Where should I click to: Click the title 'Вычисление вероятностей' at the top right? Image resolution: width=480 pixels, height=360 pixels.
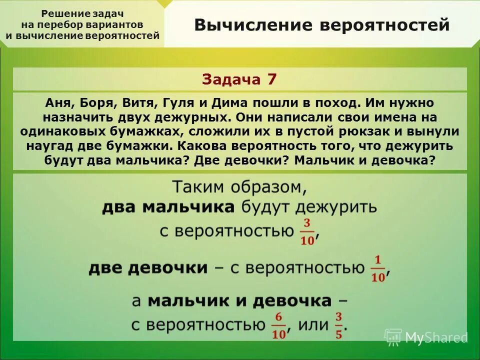coord(322,25)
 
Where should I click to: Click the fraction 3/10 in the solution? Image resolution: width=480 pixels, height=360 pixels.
coord(307,231)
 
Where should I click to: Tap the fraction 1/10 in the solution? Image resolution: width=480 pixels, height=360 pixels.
coord(378,268)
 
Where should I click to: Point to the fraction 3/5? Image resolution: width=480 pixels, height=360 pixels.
coord(338,324)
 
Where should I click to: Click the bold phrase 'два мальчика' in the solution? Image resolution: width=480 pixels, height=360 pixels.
coord(168,207)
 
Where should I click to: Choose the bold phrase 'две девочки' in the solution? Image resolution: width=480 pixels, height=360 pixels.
coord(148,268)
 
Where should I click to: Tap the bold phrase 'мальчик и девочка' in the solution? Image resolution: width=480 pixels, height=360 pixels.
coord(239,301)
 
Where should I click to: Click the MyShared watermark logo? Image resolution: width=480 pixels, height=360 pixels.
coord(425,337)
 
